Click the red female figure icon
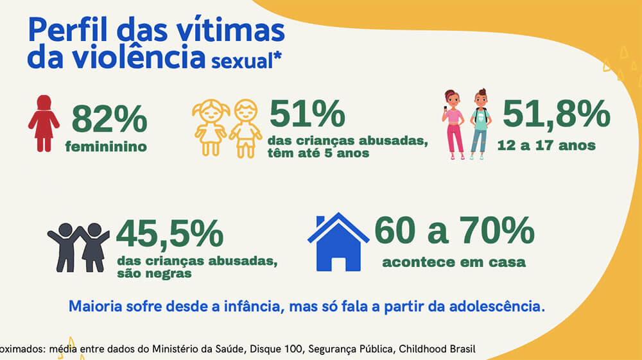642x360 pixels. pyautogui.click(x=44, y=123)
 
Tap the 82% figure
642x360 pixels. pyautogui.click(x=109, y=119)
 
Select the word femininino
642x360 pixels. pyautogui.click(x=106, y=147)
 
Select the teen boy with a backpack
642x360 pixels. pyautogui.click(x=480, y=124)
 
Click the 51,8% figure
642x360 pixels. pyautogui.click(x=556, y=114)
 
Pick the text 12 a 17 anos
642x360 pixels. pyautogui.click(x=546, y=145)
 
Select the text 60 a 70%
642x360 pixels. pyautogui.click(x=454, y=231)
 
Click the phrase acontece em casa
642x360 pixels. pyautogui.click(x=454, y=262)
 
